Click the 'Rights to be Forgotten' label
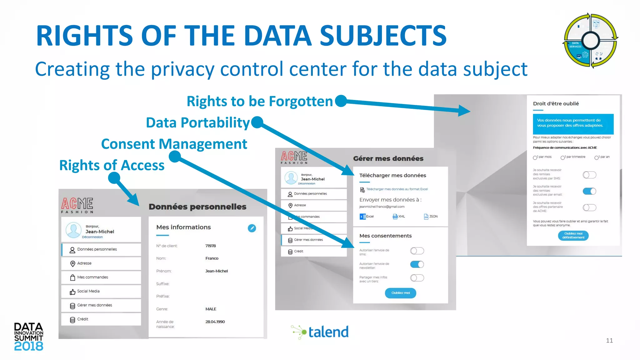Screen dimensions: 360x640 click(260, 101)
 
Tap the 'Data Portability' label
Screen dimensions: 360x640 click(197, 122)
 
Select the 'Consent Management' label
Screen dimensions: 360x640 click(174, 144)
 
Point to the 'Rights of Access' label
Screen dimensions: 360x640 click(112, 165)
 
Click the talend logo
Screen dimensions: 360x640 click(320, 332)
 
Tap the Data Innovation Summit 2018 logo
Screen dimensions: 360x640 click(28, 337)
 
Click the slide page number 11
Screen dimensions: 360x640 click(609, 341)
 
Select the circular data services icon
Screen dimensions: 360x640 click(590, 40)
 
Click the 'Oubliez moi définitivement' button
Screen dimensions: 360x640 click(573, 236)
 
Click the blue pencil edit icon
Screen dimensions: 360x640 click(252, 228)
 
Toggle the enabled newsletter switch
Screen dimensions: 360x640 click(417, 264)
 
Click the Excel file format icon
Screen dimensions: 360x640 click(363, 217)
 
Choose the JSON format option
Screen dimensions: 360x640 click(431, 217)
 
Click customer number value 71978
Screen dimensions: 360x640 click(211, 246)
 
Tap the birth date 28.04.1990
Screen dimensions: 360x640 click(215, 322)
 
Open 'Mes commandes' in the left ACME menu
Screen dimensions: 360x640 click(92, 277)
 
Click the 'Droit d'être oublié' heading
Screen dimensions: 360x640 click(556, 104)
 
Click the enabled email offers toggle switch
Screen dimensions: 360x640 click(589, 191)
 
